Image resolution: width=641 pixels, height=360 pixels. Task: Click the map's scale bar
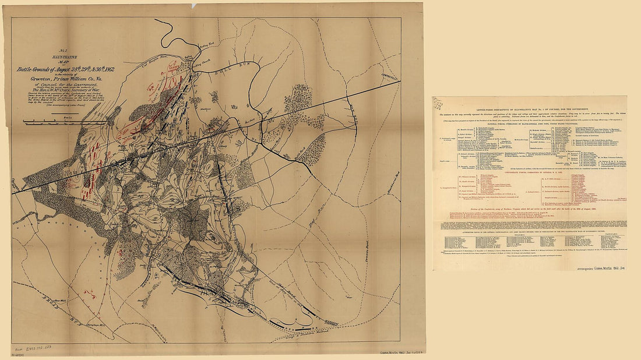tap(64, 122)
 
